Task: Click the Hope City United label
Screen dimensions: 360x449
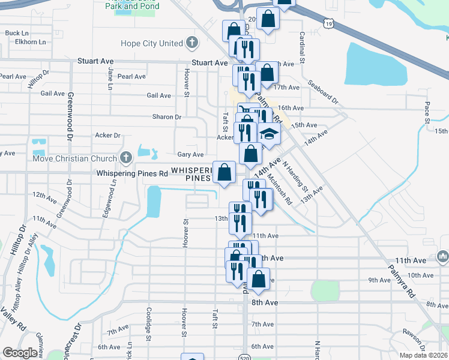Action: [x=151, y=43]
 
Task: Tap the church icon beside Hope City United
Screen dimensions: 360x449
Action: [x=191, y=43]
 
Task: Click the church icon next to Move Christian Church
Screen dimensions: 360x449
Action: [x=125, y=158]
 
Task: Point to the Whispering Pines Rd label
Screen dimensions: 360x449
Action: [x=132, y=174]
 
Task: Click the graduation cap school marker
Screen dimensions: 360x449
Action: [x=270, y=135]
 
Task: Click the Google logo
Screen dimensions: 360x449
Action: [x=20, y=353]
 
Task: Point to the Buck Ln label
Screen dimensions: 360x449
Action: [x=17, y=33]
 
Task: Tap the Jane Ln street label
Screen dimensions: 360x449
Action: [x=110, y=76]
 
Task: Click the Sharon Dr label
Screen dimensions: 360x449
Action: [x=167, y=117]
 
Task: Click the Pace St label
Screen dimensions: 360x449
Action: [x=427, y=111]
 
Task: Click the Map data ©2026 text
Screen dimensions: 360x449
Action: [x=423, y=355]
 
